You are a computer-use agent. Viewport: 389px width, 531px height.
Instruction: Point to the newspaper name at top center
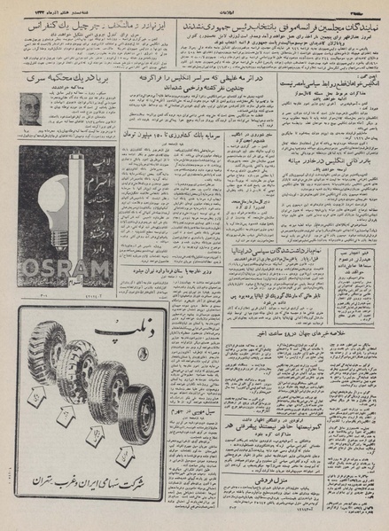point(193,7)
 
